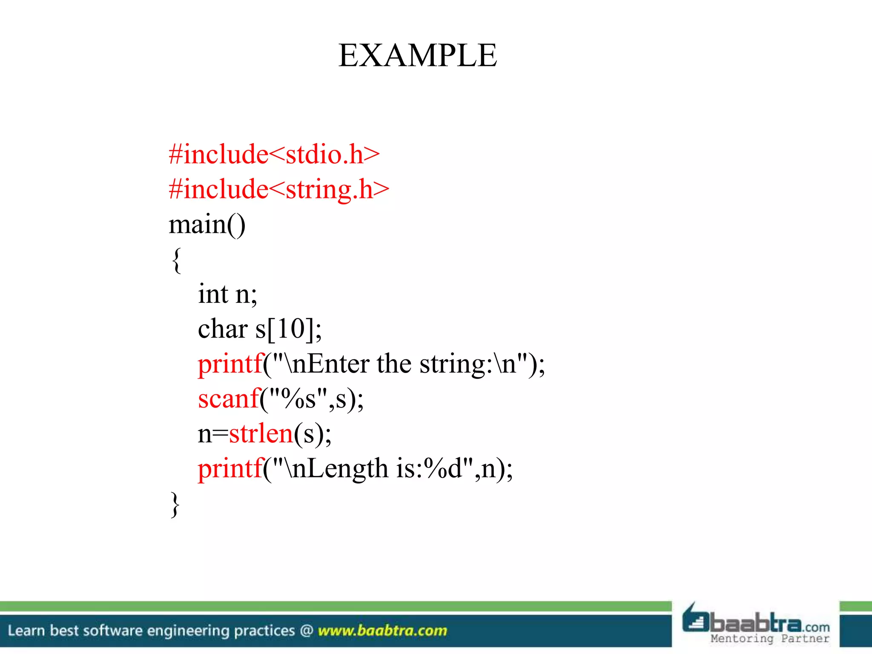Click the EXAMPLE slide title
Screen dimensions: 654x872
417,55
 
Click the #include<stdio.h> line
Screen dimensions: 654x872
274,154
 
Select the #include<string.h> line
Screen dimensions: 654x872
279,189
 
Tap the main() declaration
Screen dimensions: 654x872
207,224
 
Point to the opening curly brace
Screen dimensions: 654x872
176,259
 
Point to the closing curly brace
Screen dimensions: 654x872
175,504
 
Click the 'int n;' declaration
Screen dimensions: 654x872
227,294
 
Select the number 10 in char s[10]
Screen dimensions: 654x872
291,329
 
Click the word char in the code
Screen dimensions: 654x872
223,329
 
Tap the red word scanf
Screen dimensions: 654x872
229,399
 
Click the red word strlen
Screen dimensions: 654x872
261,434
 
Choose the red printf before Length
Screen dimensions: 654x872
230,469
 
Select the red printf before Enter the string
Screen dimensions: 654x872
230,364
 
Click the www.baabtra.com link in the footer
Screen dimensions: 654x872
382,631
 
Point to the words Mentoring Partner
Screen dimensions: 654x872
770,639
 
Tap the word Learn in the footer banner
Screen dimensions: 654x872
26,631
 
